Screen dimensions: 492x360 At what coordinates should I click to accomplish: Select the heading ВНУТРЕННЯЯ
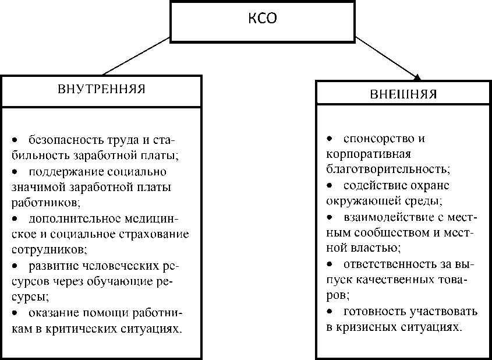(101, 90)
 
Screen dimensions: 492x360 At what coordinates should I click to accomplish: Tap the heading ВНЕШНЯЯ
(403, 94)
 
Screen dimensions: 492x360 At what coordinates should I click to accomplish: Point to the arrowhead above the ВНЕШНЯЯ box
(417, 76)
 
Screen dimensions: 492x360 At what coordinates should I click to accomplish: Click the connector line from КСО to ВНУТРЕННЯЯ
(136, 58)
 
